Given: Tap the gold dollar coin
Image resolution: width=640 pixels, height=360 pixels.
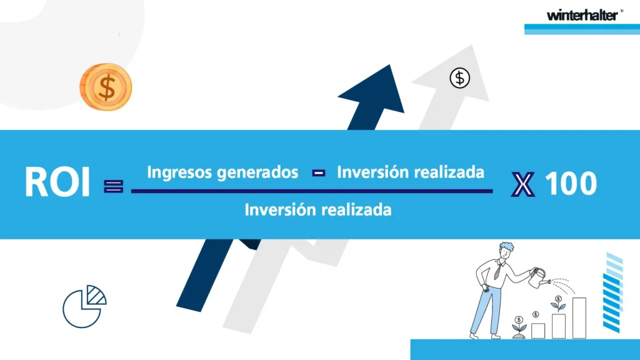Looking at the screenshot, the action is tap(106, 87).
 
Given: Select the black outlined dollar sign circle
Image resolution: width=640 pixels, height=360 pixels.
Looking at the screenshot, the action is tap(460, 78).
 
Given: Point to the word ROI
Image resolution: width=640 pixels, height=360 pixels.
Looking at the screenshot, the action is tap(57, 182).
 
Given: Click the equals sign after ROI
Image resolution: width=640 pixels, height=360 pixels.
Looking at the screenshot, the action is tap(114, 186).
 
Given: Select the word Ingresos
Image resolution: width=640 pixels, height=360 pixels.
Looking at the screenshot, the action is tap(179, 172).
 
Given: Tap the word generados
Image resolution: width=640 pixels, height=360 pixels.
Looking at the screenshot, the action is tap(257, 172).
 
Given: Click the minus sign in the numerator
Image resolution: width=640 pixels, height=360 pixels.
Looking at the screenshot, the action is tap(319, 173).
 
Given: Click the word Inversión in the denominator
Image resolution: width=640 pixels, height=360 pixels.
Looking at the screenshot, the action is tap(280, 210).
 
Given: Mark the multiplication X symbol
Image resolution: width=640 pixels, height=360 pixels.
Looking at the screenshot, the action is tap(523, 184).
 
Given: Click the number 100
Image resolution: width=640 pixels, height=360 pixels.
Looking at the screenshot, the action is tap(571, 184).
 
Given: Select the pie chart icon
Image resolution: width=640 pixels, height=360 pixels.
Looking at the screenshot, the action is tap(84, 306).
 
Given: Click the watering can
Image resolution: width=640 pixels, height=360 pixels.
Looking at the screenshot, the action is tap(539, 278).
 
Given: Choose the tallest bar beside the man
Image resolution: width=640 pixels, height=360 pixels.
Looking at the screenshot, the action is tap(579, 318).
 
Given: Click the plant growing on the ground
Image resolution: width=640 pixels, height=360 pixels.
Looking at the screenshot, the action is tap(519, 327).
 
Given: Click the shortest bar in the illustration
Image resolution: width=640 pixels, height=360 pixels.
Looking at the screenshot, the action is tap(538, 331).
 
